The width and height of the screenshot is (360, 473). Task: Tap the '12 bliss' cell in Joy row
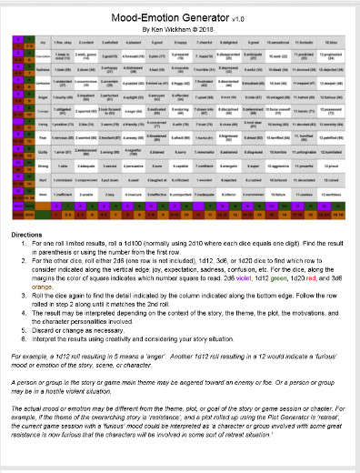point(329,42)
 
